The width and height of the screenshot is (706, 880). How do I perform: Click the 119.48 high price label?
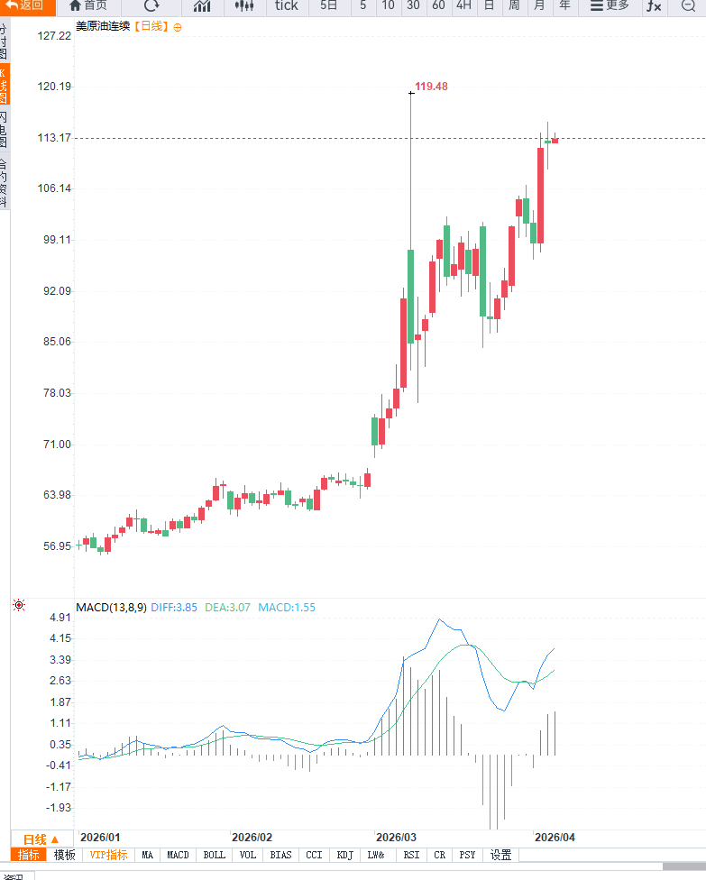tap(431, 87)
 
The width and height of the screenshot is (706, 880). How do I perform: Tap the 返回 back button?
tap(25, 5)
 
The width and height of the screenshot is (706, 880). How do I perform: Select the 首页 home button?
tap(88, 5)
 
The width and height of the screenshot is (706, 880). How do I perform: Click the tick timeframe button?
tap(286, 5)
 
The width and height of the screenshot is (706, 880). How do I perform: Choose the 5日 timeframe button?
tap(329, 5)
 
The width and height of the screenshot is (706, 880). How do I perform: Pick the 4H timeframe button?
tap(463, 5)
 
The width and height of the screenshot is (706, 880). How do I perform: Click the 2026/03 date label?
tap(396, 837)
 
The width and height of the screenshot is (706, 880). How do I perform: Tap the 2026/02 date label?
tap(252, 837)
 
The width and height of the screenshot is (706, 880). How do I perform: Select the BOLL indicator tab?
tap(214, 855)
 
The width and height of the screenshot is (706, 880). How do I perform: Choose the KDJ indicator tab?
tap(344, 855)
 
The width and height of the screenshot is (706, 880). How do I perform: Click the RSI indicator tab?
tap(411, 855)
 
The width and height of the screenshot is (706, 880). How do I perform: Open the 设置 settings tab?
tap(500, 855)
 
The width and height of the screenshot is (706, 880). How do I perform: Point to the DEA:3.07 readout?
tap(227, 608)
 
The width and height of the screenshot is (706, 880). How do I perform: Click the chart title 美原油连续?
tap(103, 26)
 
